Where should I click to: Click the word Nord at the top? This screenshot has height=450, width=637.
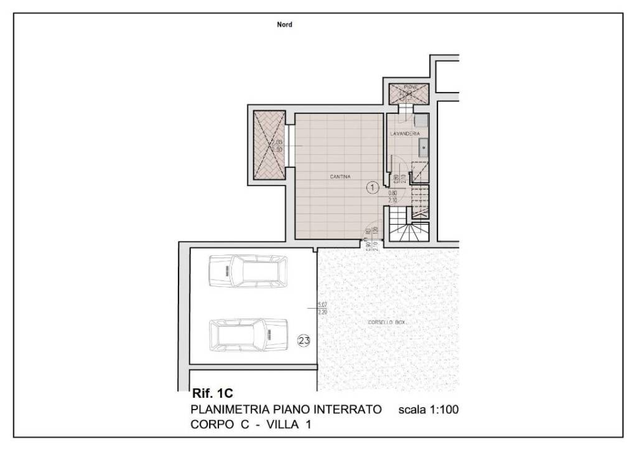click(x=284, y=25)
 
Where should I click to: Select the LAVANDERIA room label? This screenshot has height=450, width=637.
click(x=405, y=134)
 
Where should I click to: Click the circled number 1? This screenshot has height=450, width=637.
click(x=371, y=186)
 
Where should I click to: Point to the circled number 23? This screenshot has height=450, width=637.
click(x=304, y=340)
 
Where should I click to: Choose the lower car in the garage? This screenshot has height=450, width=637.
click(x=249, y=334)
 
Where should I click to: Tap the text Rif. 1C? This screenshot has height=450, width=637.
click(x=212, y=393)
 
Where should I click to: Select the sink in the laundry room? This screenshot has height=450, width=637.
click(x=422, y=148)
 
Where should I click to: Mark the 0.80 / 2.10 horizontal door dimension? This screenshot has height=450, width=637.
click(x=393, y=196)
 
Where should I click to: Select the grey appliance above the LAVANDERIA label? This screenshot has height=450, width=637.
click(x=422, y=121)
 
